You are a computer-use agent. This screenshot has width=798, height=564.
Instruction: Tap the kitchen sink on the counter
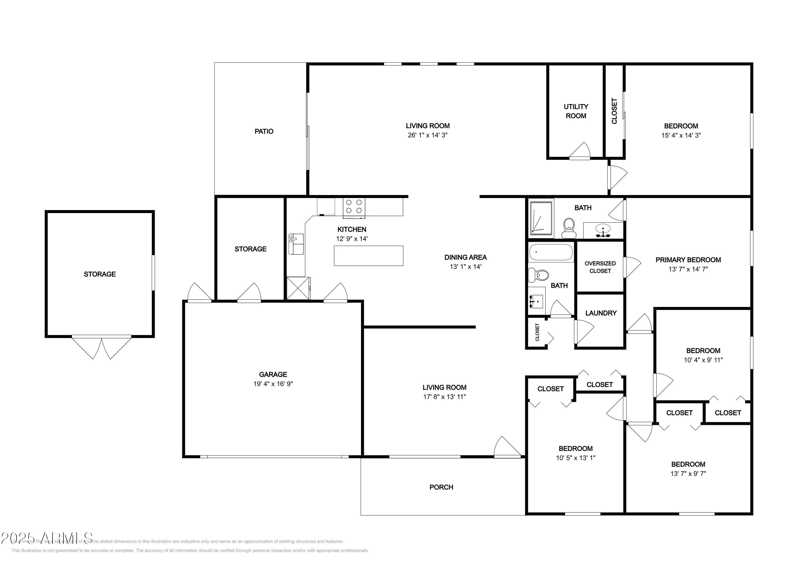pos(296,244)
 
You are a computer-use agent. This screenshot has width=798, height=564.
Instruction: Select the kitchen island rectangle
pos(368,256)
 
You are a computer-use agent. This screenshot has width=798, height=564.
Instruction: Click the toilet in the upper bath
pos(569,228)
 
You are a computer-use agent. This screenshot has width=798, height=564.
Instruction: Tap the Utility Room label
pos(576,111)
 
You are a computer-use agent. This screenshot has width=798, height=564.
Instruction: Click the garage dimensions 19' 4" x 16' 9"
pos(273,384)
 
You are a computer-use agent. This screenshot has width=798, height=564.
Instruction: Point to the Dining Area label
pos(465,257)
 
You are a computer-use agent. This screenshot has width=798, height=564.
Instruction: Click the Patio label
pos(264,131)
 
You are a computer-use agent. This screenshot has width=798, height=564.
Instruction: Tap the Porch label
pos(441,487)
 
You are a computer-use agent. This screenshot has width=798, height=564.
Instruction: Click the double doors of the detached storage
pos(102,347)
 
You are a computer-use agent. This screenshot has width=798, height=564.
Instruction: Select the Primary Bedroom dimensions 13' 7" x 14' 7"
pos(688,269)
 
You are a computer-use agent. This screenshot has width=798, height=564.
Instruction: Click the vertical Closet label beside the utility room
pos(614,111)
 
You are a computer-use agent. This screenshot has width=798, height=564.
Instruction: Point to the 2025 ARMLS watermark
pos(47,538)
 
